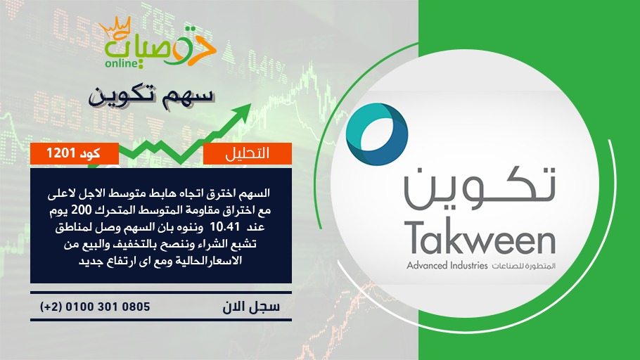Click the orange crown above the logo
115,27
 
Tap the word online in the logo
121,63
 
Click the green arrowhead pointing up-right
242,111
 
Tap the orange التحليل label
248,153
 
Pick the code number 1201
60,153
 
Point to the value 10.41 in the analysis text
224,227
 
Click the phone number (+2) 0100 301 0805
95,307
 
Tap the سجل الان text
251,307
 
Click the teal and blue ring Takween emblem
377,134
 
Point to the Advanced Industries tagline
447,266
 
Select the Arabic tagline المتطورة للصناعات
524,266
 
